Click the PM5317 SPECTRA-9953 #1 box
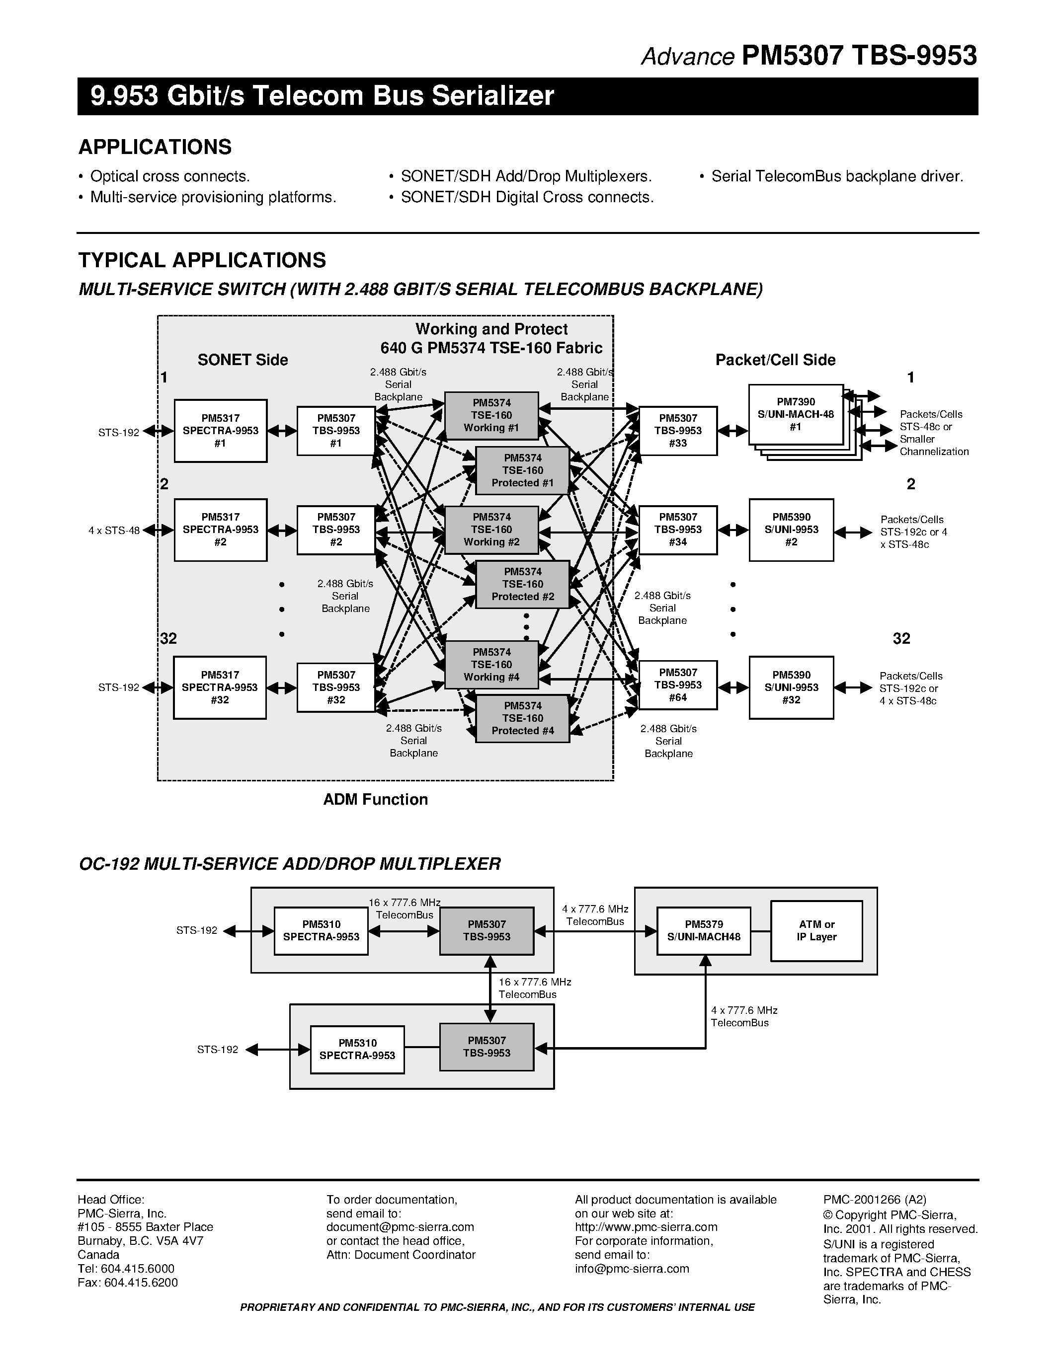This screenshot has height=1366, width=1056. point(220,431)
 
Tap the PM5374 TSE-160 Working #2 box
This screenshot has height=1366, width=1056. point(491,530)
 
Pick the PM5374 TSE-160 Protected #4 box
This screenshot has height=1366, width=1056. point(522,719)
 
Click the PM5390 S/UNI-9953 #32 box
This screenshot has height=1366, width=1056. point(791,687)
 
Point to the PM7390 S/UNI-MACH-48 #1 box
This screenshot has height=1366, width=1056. point(795,415)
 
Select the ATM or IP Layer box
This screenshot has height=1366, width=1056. point(816,931)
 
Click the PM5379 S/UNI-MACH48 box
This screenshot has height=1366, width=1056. point(703,931)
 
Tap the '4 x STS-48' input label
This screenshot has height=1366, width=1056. point(114,531)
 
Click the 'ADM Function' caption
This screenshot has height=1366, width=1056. point(375,799)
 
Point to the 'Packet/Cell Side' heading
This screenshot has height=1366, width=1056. point(775,360)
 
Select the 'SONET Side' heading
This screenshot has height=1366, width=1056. point(243,360)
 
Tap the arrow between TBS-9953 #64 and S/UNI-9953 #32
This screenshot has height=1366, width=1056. point(732,687)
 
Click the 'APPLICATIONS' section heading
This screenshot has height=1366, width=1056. point(155,147)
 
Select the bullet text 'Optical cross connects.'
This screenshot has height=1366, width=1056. point(169,176)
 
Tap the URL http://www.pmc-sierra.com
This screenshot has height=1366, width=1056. point(646,1226)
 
